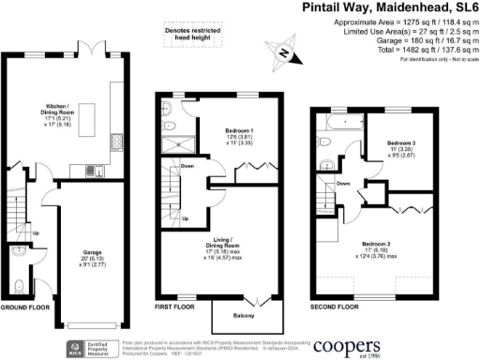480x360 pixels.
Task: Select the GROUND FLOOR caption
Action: [25, 307]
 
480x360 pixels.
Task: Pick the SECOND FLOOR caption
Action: [335, 307]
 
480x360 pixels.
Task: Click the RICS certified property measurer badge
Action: [93, 343]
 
